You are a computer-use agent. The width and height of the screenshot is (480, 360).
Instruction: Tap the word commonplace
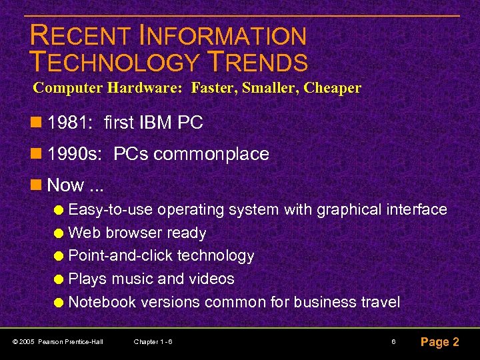click(211, 154)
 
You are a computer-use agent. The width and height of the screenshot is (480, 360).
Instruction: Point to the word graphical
click(349, 210)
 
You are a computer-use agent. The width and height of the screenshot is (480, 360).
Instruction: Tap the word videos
click(212, 279)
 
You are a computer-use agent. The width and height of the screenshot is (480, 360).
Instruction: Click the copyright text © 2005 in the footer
click(24, 342)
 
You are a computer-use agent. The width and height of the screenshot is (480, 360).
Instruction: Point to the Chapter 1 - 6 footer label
click(153, 342)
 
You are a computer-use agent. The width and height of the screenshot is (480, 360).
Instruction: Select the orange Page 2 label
click(439, 342)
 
